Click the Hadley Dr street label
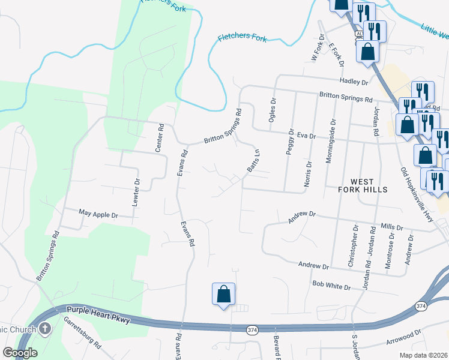[353, 82]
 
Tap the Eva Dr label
[305, 136]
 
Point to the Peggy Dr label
[290, 142]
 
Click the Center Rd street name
[161, 137]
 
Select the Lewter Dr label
[137, 190]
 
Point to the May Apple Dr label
[99, 214]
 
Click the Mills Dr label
[391, 227]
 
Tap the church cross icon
[45, 328]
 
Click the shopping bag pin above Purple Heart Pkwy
[223, 295]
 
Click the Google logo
[20, 353]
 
